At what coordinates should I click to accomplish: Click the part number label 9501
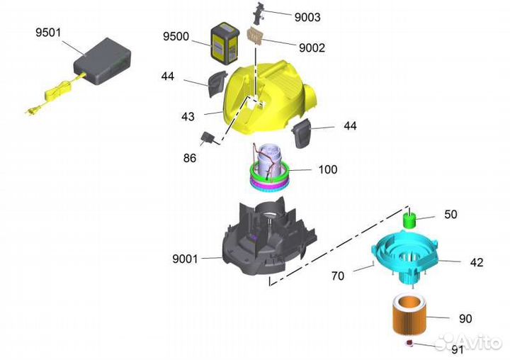[x=48, y=33]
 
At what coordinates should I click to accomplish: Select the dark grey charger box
[x=102, y=61]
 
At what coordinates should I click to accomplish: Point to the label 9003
[x=307, y=17]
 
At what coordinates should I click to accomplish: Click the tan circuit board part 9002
[x=255, y=36]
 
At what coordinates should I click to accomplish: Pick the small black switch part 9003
[x=259, y=13]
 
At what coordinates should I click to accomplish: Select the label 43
[x=188, y=116]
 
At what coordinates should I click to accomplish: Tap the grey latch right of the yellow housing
[x=302, y=133]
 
